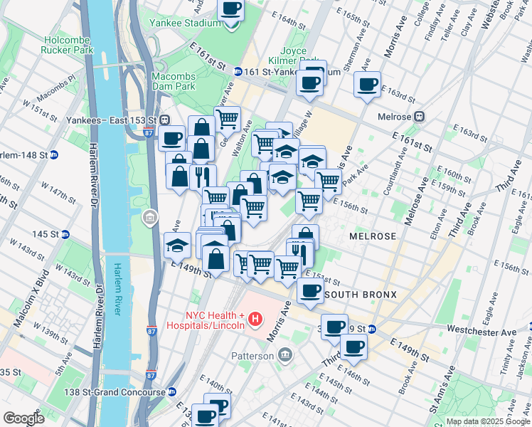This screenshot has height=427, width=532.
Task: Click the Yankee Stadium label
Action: pyautogui.click(x=185, y=23)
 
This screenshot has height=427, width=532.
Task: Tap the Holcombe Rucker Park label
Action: pyautogui.click(x=68, y=46)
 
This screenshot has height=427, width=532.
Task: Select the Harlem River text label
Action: pyautogui.click(x=117, y=288)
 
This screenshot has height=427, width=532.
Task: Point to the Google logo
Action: pyautogui.click(x=24, y=418)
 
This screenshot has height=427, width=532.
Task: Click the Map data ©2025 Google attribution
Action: pyautogui.click(x=488, y=421)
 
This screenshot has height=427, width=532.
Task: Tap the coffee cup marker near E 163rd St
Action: pyautogui.click(x=367, y=85)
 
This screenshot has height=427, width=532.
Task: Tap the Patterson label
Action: pyautogui.click(x=251, y=355)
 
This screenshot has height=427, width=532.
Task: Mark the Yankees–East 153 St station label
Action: pyautogui.click(x=113, y=119)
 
